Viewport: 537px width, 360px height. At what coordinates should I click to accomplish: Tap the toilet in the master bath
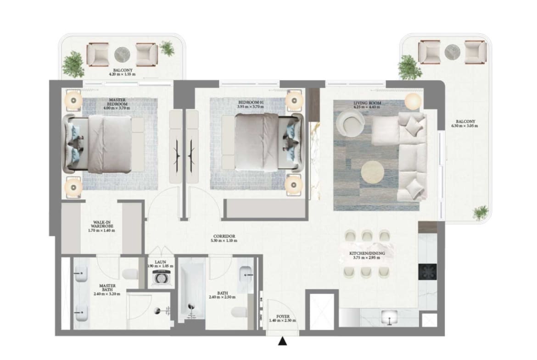point(131,274)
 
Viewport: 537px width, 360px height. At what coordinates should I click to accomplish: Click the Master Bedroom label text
point(117,102)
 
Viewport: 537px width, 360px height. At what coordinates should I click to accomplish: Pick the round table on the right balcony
point(452,50)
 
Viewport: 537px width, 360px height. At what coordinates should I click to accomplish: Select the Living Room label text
point(367,103)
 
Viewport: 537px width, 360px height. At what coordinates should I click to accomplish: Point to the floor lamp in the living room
point(413,100)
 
